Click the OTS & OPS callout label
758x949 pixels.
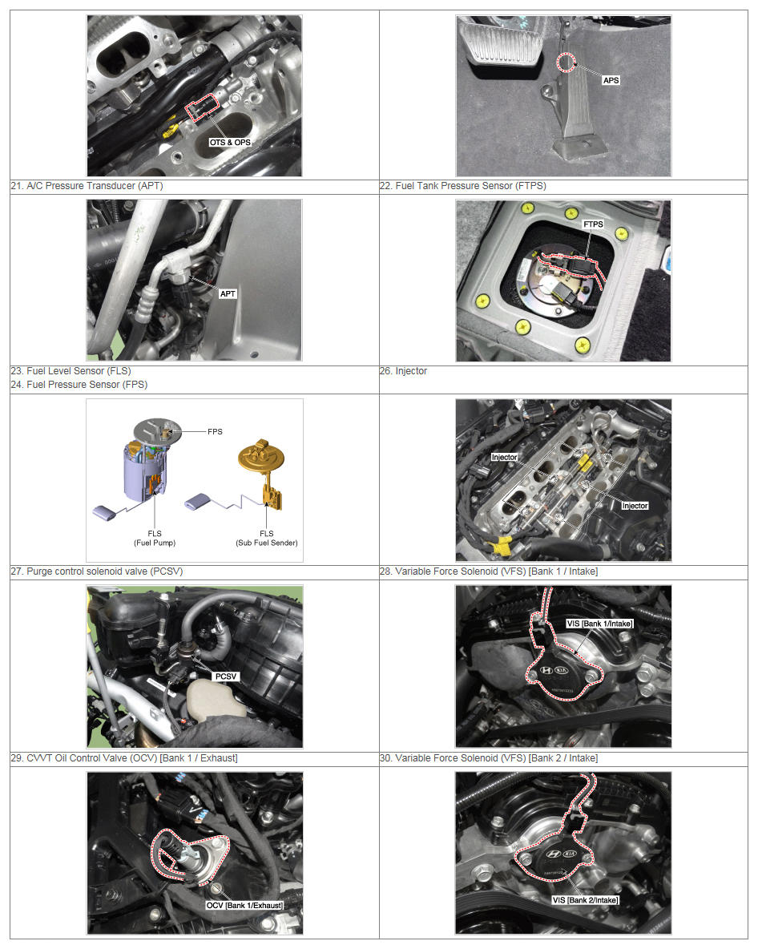230,142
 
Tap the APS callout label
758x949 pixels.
611,80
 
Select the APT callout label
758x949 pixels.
228,293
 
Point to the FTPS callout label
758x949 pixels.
593,224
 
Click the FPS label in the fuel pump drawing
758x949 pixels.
215,431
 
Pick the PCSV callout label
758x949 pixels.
226,676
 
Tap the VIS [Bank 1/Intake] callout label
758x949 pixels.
599,624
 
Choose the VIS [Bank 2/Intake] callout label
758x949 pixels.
585,900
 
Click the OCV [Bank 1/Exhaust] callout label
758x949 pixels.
244,906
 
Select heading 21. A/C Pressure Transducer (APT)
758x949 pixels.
87,186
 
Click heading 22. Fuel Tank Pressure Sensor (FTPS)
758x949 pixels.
463,186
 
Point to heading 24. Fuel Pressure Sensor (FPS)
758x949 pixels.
79,384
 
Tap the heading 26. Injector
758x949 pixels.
404,371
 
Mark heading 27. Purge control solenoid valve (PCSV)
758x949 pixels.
97,571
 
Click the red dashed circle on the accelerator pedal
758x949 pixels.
566,63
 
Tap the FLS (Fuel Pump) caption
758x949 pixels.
155,538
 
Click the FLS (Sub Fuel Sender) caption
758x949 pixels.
267,538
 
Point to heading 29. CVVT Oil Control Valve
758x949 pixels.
124,757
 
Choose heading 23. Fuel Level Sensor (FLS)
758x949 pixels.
71,371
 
